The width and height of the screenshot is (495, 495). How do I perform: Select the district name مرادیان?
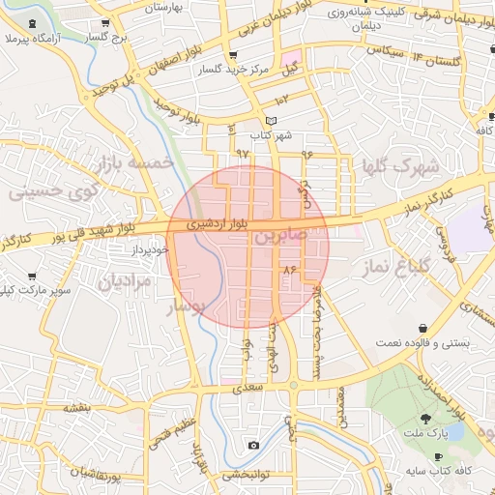click(125, 282)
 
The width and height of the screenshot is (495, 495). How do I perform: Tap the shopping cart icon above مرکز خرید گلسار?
click(232, 55)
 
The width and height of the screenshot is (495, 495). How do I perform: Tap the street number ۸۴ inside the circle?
click(289, 268)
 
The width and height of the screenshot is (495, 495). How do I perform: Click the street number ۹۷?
click(242, 154)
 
